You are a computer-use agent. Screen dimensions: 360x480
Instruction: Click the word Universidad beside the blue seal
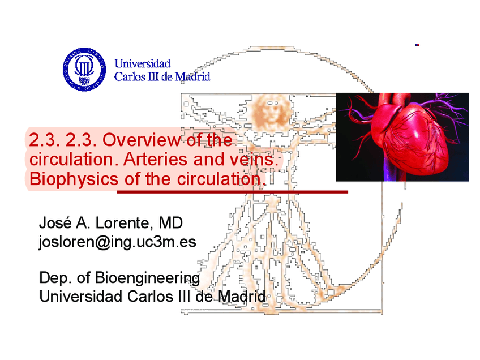[x=142, y=64]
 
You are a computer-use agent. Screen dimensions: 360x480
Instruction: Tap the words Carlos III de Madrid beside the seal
[x=162, y=76]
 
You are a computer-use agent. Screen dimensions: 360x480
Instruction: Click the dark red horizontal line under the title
[x=232, y=192]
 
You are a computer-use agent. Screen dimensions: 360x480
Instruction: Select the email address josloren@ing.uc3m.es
[x=117, y=242]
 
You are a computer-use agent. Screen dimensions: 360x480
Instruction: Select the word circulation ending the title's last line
[x=217, y=179]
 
